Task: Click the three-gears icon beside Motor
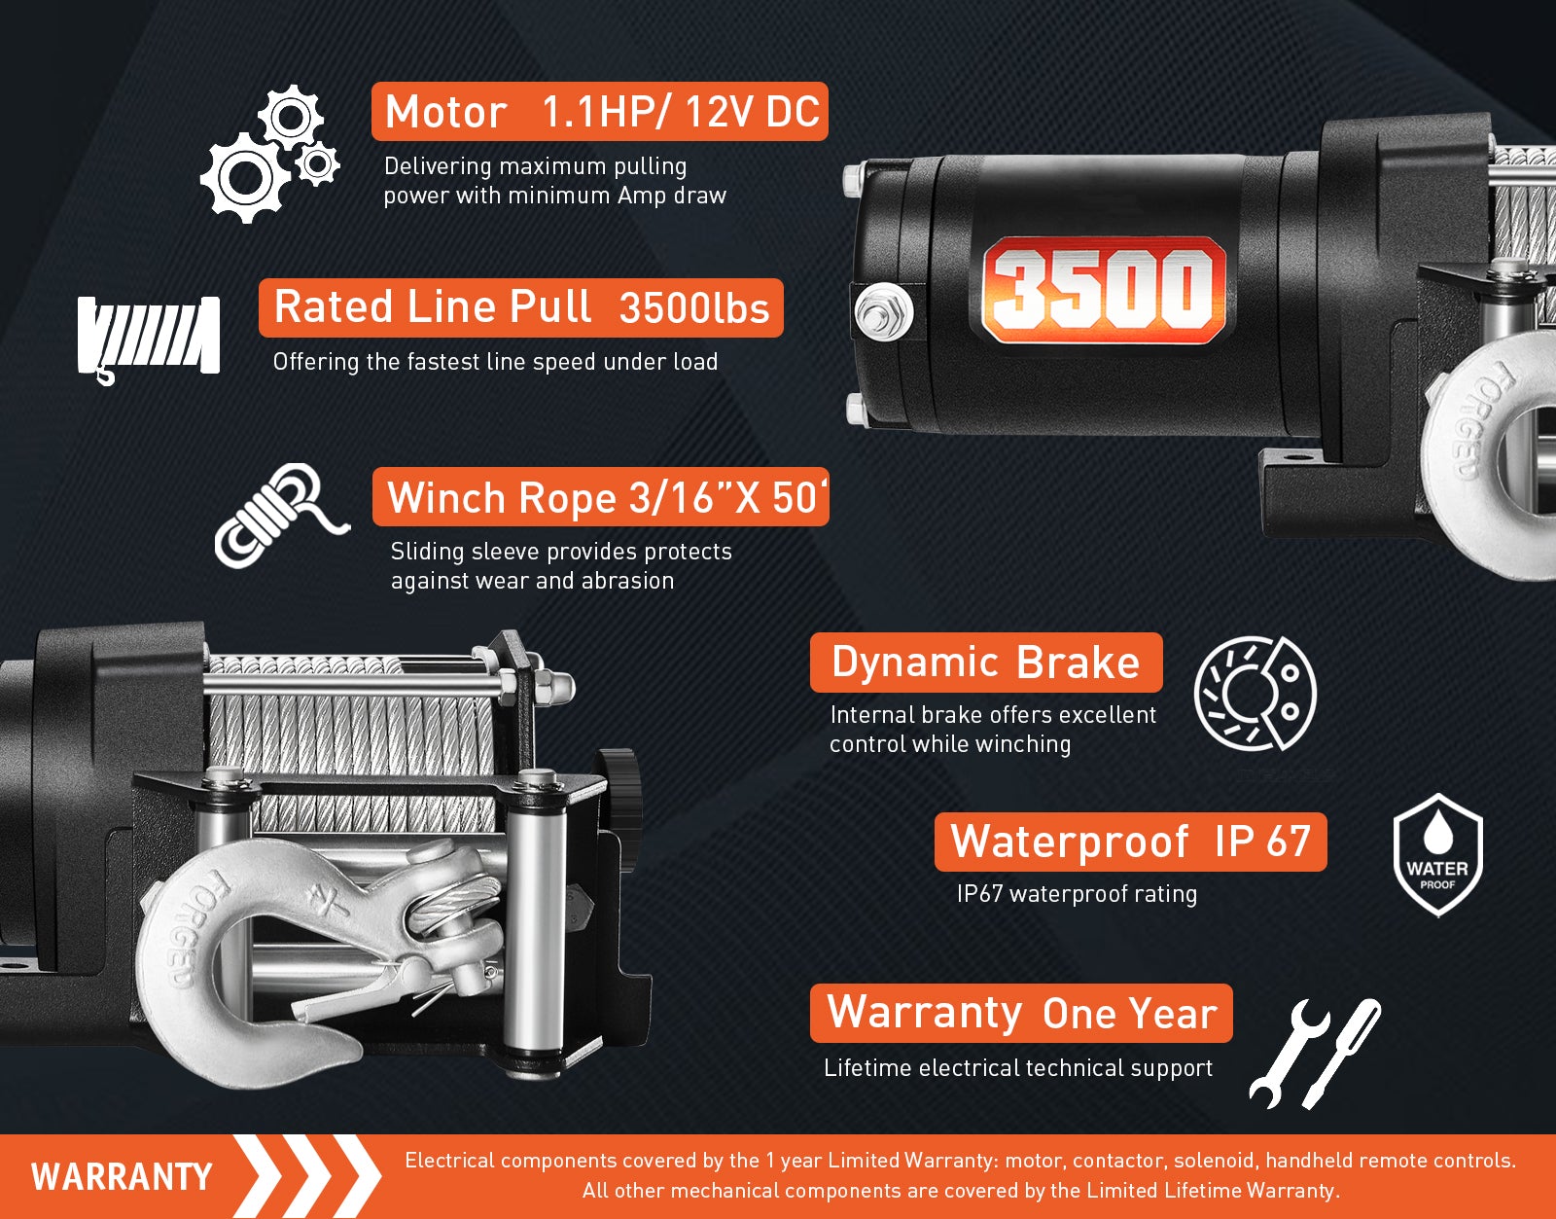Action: (270, 154)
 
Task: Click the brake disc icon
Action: (1255, 694)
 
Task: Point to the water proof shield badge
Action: (1438, 854)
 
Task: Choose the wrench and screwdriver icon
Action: (1315, 1054)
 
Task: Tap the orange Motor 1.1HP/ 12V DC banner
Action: (600, 112)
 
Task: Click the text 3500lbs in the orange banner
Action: (693, 308)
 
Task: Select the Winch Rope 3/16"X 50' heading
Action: (601, 497)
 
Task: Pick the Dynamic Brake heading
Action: (986, 663)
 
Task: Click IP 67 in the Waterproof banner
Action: (1262, 842)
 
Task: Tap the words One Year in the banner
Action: (1130, 1014)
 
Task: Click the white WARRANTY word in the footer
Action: (122, 1177)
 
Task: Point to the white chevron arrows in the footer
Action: (308, 1176)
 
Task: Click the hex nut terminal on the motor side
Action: (884, 311)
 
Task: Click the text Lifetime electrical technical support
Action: (1018, 1068)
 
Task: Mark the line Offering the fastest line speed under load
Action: (495, 362)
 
